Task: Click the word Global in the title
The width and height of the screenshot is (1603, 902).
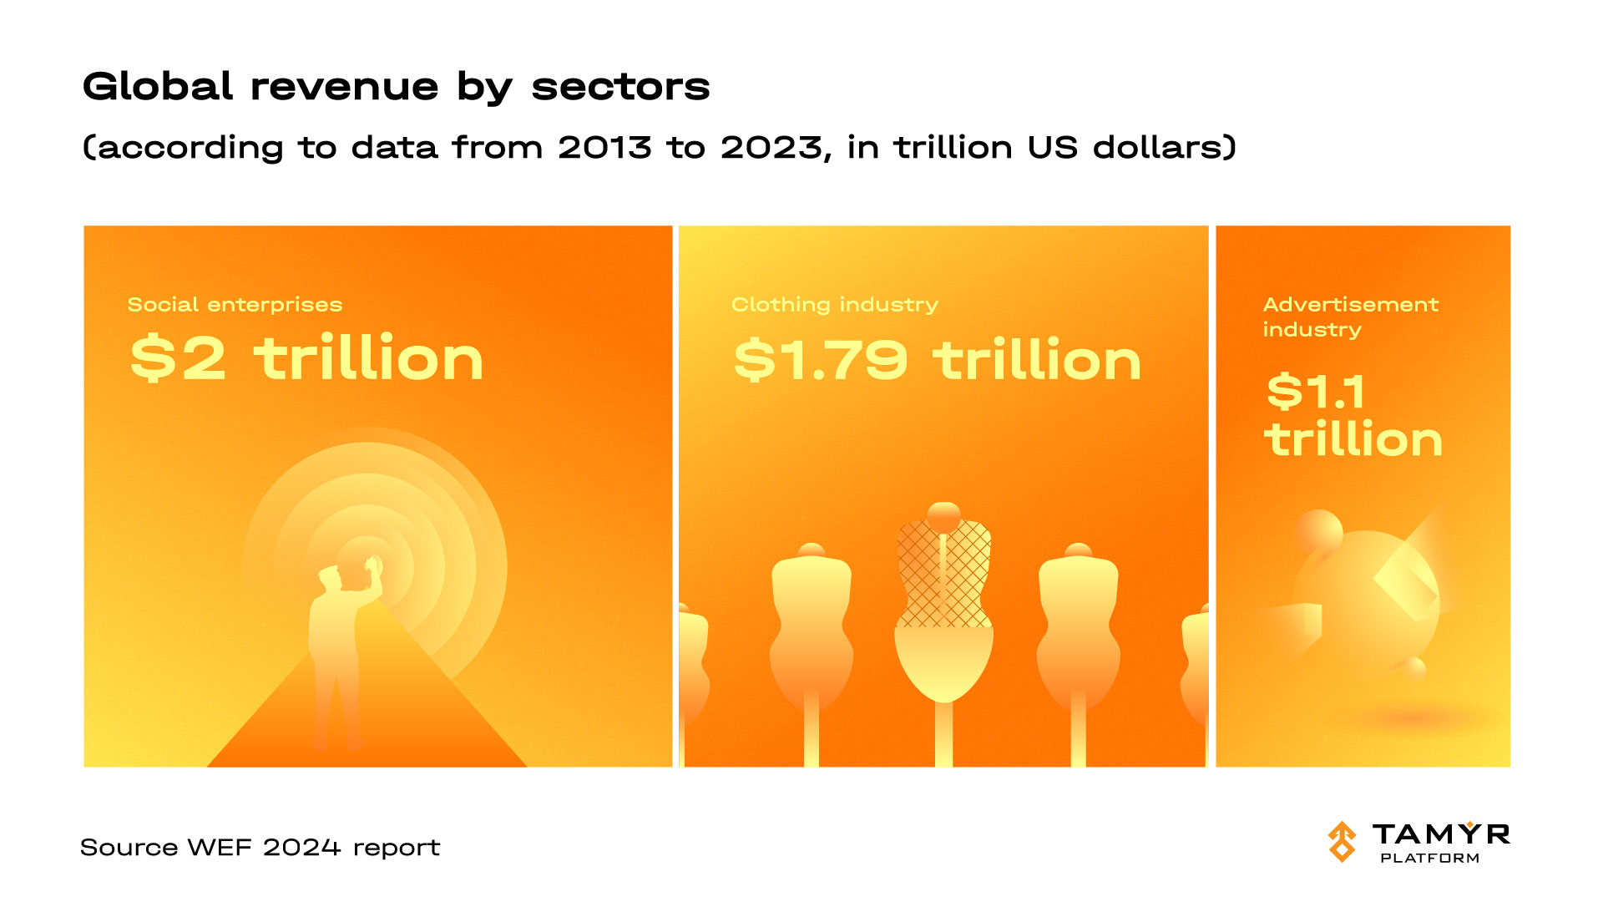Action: pos(158,86)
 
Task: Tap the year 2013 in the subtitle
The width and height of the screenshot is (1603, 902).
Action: pos(604,148)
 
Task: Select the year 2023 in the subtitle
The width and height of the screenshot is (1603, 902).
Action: pos(771,148)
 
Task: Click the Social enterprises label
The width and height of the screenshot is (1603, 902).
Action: pos(235,304)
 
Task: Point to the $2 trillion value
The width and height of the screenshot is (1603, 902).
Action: pos(306,358)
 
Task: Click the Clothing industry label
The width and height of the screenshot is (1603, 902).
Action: pos(834,304)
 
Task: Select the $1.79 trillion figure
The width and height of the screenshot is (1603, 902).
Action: pos(937,360)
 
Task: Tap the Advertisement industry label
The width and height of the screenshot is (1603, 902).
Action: pos(1350,317)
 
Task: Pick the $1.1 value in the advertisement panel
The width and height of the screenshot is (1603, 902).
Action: pos(1316,391)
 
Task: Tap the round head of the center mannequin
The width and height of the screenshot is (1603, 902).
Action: pos(943,515)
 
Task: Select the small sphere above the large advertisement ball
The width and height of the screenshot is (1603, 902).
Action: pos(1319,531)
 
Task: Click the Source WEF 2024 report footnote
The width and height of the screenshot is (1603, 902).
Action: pos(260,847)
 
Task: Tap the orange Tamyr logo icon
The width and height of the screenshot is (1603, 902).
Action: pos(1343,841)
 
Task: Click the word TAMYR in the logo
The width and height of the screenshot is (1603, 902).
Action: pos(1441,834)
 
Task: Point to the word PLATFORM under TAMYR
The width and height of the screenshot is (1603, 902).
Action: pos(1429,858)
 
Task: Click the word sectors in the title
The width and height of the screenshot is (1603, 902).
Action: pos(620,86)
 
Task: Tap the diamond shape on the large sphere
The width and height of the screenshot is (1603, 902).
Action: pos(1406,585)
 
